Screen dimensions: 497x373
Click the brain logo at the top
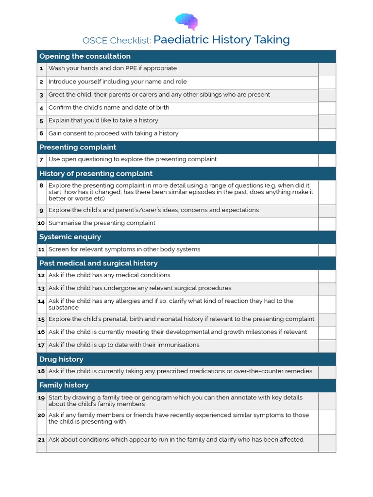(186, 21)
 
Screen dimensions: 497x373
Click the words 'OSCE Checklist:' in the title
(117, 40)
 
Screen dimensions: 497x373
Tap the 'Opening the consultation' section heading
(85, 56)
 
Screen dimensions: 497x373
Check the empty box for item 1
(326, 69)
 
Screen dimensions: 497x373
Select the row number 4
(42, 108)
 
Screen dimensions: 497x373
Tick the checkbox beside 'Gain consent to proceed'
(326, 134)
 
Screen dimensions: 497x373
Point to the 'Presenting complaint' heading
(78, 147)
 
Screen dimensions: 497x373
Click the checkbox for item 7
(326, 160)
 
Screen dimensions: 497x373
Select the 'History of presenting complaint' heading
(96, 173)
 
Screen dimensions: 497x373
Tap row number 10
(42, 223)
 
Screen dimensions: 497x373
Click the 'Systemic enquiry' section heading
(70, 237)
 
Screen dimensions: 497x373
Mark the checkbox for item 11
(326, 249)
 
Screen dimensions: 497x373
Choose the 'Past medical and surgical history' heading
(99, 263)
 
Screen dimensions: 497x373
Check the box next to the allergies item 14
(326, 304)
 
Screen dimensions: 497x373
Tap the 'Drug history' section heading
(61, 359)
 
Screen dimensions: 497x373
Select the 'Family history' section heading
(64, 385)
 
